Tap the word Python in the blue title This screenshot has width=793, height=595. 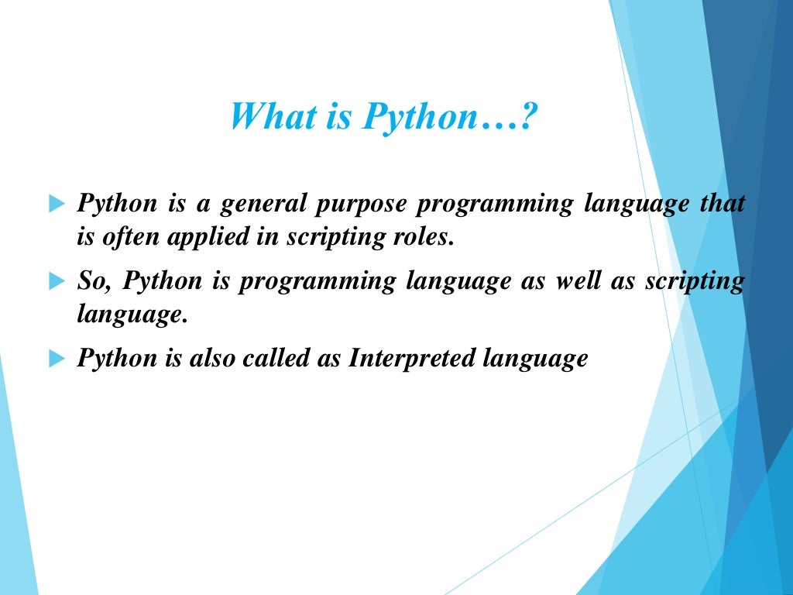click(x=419, y=118)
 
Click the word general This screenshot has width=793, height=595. click(x=263, y=205)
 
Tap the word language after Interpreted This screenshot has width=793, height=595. click(x=535, y=359)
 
